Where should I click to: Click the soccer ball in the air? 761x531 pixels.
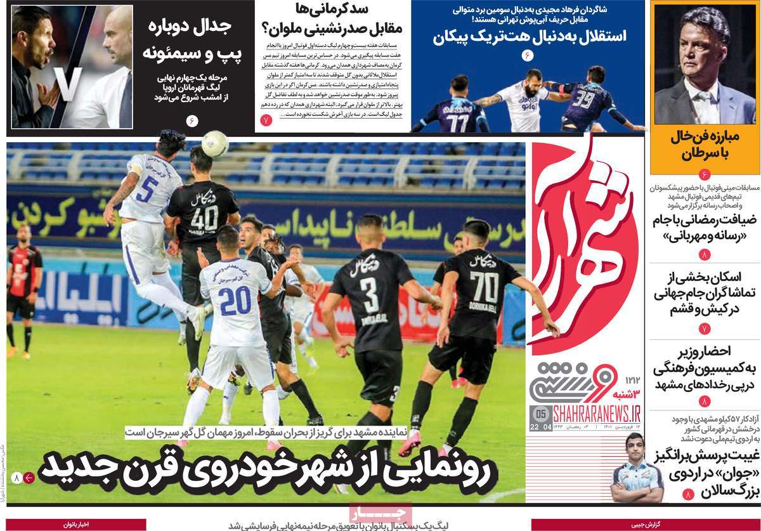coord(215,143)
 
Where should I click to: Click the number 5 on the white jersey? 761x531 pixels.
coord(150,188)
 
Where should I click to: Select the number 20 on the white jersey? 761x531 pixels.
coord(235,300)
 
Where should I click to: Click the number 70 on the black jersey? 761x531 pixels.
coord(484,286)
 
